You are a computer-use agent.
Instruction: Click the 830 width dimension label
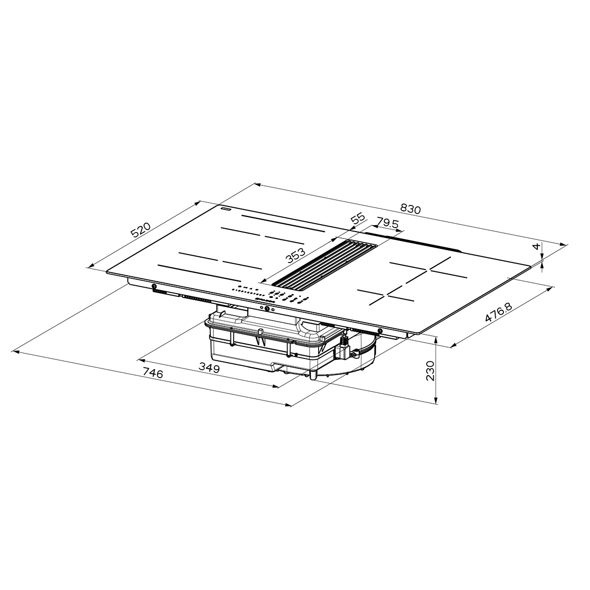[x=411, y=208]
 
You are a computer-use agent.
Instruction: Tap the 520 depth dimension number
[x=141, y=230]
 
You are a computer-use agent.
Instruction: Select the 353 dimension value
[x=296, y=256]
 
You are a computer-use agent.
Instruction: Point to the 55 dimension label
[x=358, y=219]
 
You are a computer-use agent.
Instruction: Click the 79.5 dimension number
[x=387, y=222]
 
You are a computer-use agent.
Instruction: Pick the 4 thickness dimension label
[x=535, y=246]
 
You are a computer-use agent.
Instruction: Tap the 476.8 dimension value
[x=498, y=313]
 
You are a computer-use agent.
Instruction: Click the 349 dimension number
[x=209, y=367]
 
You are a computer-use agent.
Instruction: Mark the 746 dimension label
[x=153, y=373]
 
